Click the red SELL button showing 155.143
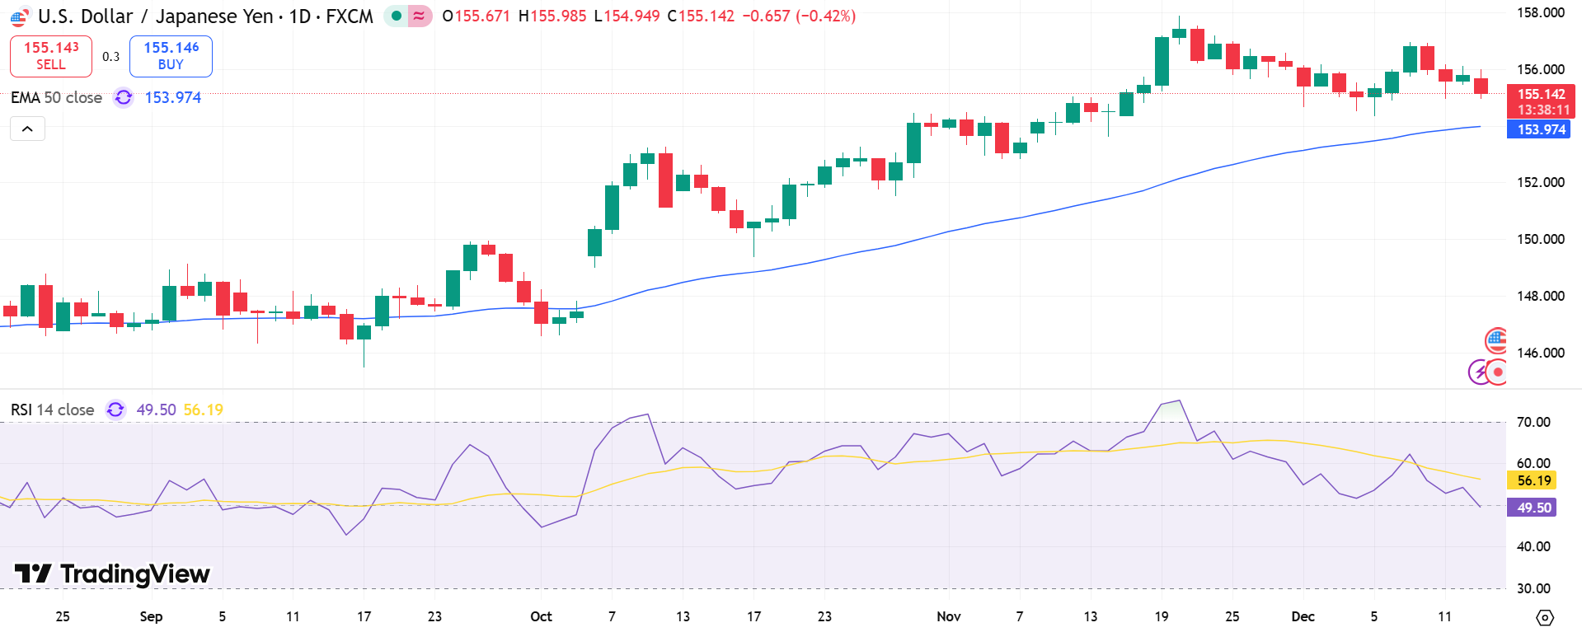pos(51,55)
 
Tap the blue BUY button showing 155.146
pos(171,55)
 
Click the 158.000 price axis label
pos(1540,12)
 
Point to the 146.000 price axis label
pos(1540,353)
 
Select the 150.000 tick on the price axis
pos(1540,239)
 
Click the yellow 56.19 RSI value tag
pos(1533,480)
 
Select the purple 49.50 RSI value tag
pos(1533,508)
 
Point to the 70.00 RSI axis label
pos(1533,422)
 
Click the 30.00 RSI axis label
pos(1533,588)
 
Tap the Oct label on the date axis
pos(541,616)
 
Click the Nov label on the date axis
pos(949,616)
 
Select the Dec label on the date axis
pos(1303,616)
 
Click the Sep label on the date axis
pos(151,616)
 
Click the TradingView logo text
pos(112,573)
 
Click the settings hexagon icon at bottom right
pos(1545,617)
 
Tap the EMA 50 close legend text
pos(56,97)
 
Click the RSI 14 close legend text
pos(52,410)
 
